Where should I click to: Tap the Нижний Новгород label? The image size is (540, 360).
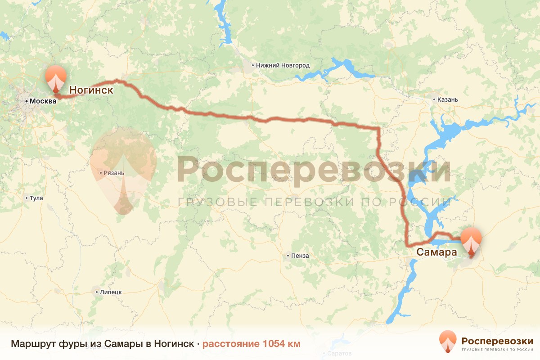tap(283, 65)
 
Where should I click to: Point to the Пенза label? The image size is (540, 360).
tap(300, 256)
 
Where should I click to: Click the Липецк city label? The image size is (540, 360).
tap(111, 292)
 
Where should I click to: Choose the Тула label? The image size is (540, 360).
tap(36, 198)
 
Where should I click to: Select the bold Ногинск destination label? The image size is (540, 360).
tap(91, 90)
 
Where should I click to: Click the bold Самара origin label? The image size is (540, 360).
tap(436, 252)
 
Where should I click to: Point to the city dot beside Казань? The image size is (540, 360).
tap(434, 99)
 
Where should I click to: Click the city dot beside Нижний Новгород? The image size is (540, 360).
tap(253, 65)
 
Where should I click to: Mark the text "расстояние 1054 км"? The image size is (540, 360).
tap(251, 344)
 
